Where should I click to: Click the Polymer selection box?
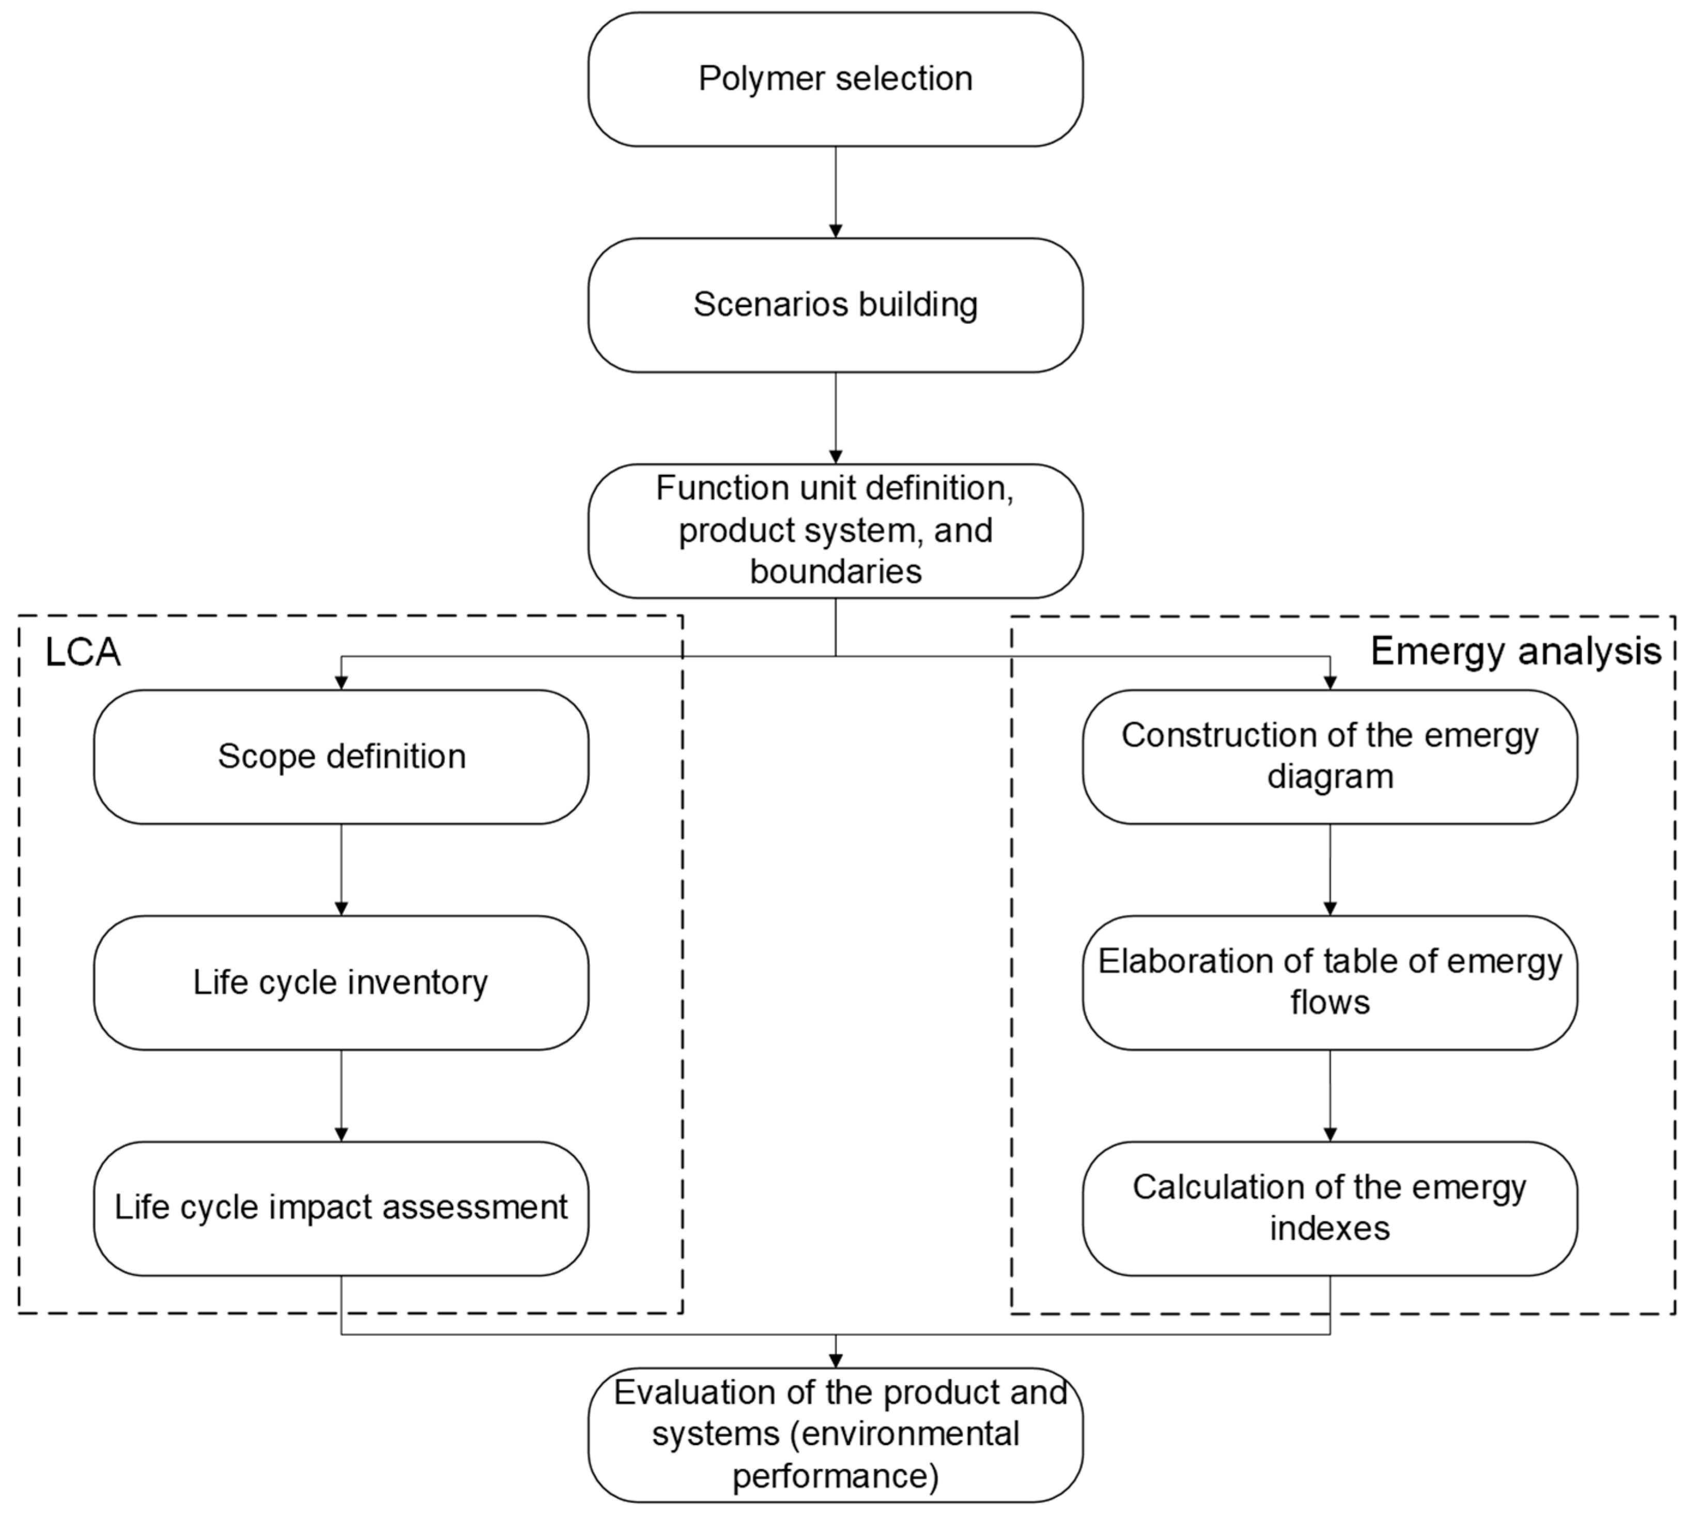coord(835,79)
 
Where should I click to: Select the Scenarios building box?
coord(835,305)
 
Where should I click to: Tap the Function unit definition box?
coord(835,531)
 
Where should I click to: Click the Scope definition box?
coord(341,757)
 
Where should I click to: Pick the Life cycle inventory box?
coord(341,983)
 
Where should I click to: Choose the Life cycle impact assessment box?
coord(341,1208)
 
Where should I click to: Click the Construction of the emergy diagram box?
coord(1330,757)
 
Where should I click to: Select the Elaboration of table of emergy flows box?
coord(1330,983)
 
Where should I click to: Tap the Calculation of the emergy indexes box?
coord(1330,1208)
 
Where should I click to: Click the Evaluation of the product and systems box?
coord(835,1434)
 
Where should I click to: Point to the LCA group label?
coord(83,653)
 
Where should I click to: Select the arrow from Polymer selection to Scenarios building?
coord(835,192)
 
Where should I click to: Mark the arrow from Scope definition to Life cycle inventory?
coord(341,869)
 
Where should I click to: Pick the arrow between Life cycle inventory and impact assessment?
coord(341,1095)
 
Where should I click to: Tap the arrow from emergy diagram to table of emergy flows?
coord(1330,869)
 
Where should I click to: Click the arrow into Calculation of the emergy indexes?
coord(1330,1095)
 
